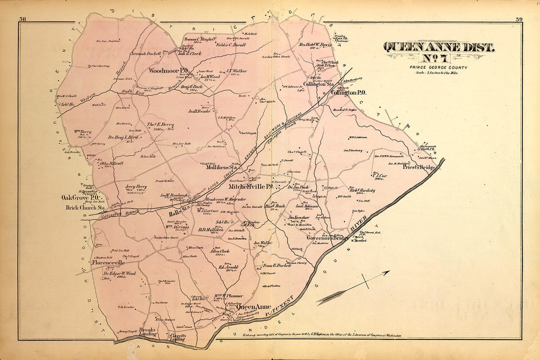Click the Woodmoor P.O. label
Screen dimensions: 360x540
click(168, 71)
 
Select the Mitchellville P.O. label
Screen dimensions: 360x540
click(250, 186)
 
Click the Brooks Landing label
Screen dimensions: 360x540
click(148, 332)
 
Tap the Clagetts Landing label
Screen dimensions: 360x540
click(178, 338)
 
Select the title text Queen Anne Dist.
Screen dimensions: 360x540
click(438, 47)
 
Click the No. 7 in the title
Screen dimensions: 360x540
click(438, 59)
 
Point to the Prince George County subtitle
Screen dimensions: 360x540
click(438, 67)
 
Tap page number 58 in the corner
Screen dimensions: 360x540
click(22, 19)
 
